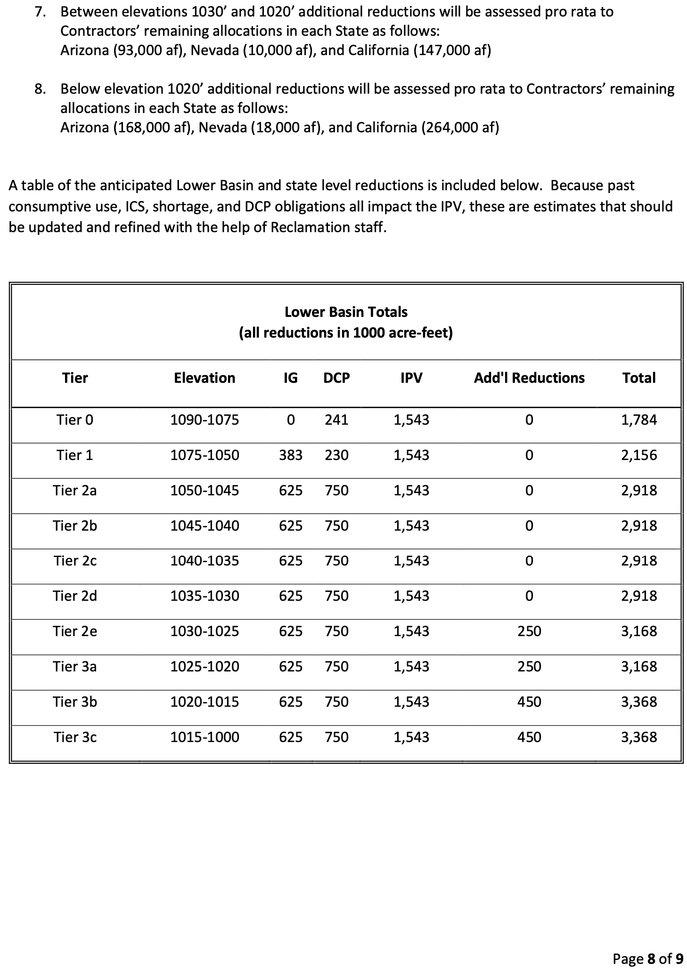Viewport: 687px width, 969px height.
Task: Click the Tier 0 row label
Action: [75, 420]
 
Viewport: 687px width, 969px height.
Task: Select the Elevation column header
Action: [204, 378]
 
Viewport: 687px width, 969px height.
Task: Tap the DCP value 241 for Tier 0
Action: [336, 420]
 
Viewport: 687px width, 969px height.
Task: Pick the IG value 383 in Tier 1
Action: [291, 455]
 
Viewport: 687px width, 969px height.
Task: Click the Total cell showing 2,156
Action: [638, 455]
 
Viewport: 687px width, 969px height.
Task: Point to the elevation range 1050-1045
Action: [204, 490]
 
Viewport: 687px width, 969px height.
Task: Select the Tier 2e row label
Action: [75, 631]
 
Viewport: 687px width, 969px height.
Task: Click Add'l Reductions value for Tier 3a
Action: [529, 666]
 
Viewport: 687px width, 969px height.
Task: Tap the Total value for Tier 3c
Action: [638, 737]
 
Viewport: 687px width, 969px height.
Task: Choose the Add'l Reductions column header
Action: [529, 378]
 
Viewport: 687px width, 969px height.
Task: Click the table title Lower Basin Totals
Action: [346, 312]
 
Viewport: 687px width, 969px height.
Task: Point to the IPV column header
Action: [411, 378]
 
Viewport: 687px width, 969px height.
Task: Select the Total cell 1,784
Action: [638, 420]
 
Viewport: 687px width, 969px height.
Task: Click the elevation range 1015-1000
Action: [204, 737]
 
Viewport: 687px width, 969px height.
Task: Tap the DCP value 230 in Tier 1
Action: [336, 455]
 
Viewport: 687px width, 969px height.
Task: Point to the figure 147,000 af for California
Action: [452, 50]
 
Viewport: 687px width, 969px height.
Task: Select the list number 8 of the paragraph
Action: [40, 89]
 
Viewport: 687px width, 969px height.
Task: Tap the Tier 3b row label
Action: [75, 702]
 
